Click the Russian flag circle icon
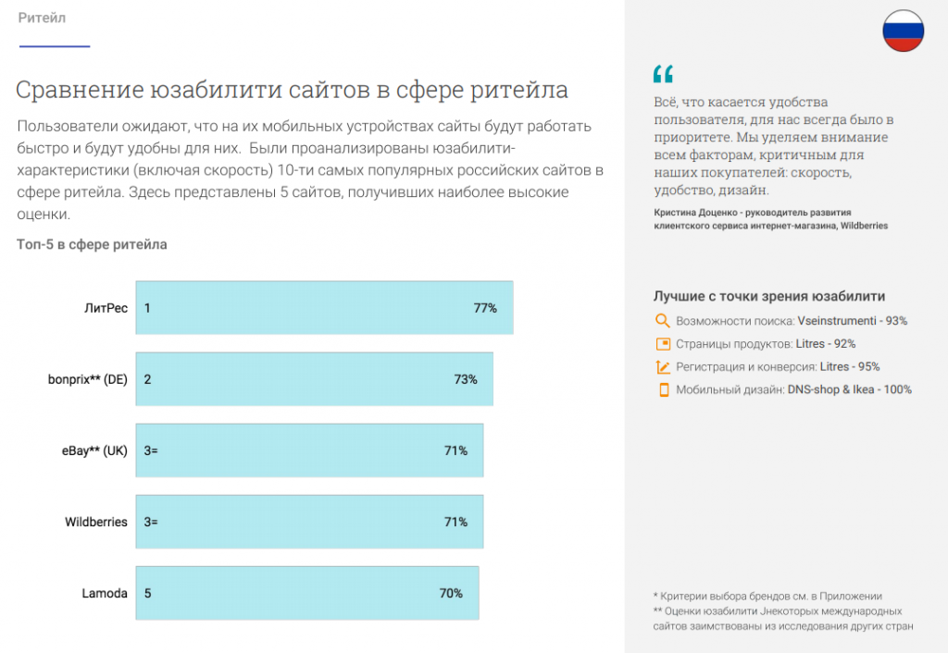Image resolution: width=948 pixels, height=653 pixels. pos(903,31)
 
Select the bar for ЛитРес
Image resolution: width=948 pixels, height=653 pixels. pos(324,307)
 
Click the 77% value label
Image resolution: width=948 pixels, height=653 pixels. pos(485,308)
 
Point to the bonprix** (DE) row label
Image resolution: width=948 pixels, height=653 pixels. pos(88,379)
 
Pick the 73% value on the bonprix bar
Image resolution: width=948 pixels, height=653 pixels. pos(466,379)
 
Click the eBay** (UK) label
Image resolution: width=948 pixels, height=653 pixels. pos(89,450)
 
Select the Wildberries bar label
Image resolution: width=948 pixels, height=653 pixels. pos(96,522)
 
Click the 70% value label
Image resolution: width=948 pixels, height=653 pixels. pos(451,593)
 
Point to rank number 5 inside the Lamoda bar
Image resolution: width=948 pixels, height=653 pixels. pos(147,593)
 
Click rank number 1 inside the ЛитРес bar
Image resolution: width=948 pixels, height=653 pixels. pos(147,308)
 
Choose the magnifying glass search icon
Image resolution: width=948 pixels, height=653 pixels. pos(662,321)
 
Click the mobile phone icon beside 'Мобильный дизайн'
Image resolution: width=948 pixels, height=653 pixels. pos(663,389)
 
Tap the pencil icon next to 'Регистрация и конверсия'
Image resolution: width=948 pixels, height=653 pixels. pos(662,367)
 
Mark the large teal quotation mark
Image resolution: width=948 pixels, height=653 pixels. pos(663,75)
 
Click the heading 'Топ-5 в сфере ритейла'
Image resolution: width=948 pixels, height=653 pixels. pos(92,244)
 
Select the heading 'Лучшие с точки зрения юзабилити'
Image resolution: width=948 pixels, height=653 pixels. pos(769,297)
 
